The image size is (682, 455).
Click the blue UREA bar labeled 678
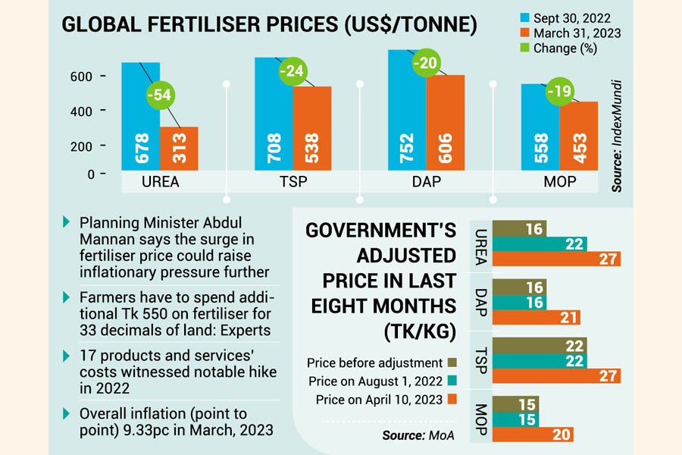click(x=140, y=118)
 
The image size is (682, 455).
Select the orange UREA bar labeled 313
click(x=179, y=149)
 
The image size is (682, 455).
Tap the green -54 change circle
click(x=160, y=96)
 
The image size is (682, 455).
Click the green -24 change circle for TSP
click(x=293, y=72)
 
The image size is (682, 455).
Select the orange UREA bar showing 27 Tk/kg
click(x=556, y=259)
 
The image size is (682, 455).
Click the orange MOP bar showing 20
click(x=534, y=435)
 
